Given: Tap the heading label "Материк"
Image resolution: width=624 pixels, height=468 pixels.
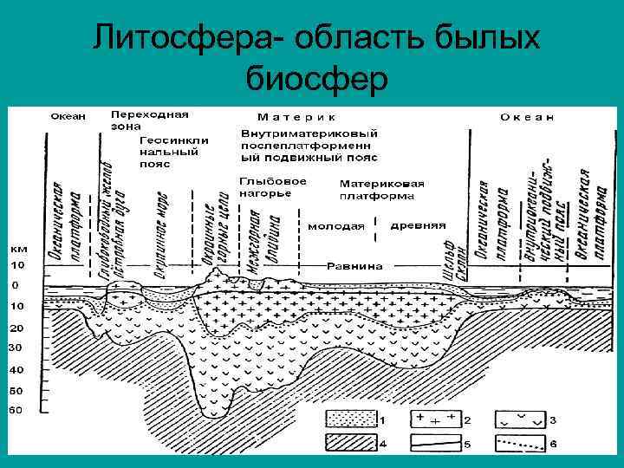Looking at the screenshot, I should click(296, 116).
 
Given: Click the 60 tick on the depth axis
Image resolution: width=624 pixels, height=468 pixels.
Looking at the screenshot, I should click(16, 411).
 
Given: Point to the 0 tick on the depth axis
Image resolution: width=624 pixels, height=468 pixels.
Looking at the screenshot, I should click(16, 285).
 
